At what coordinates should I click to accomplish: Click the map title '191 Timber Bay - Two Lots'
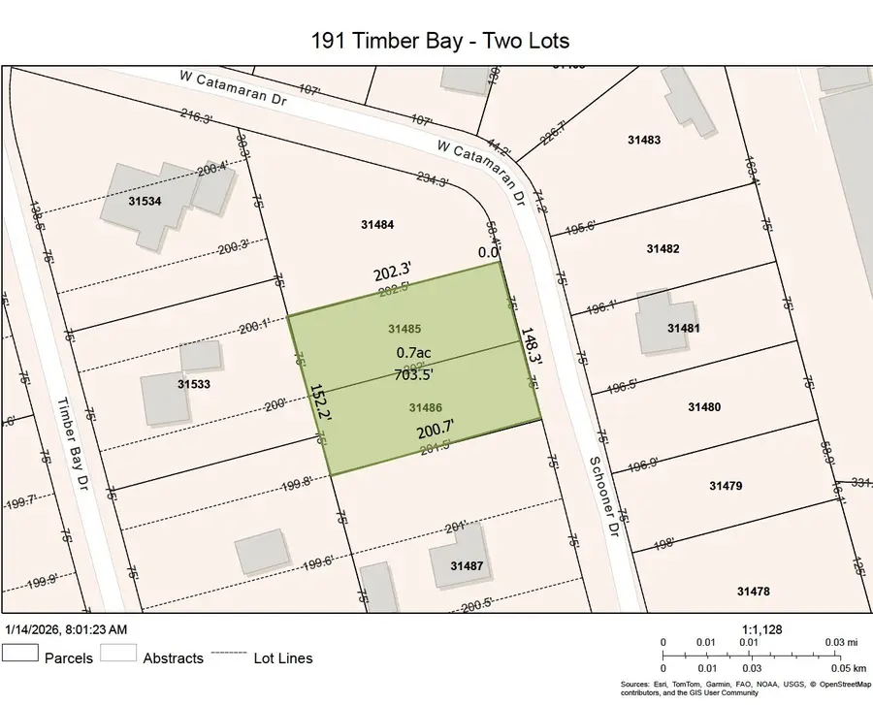click(x=439, y=40)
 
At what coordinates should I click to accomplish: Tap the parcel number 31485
click(x=404, y=330)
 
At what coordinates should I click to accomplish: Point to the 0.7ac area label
click(x=413, y=354)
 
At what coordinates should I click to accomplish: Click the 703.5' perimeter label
click(x=413, y=373)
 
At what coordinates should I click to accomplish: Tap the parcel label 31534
click(x=145, y=202)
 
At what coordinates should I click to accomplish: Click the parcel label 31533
click(x=195, y=384)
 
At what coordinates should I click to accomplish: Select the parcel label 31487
click(x=468, y=564)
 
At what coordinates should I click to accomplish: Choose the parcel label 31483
click(x=643, y=140)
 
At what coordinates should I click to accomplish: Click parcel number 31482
click(x=663, y=249)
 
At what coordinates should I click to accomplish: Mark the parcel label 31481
click(x=683, y=328)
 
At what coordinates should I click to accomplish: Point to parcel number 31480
click(x=704, y=406)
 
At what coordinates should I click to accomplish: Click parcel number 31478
click(x=753, y=592)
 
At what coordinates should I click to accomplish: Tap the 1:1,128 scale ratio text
click(x=761, y=629)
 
